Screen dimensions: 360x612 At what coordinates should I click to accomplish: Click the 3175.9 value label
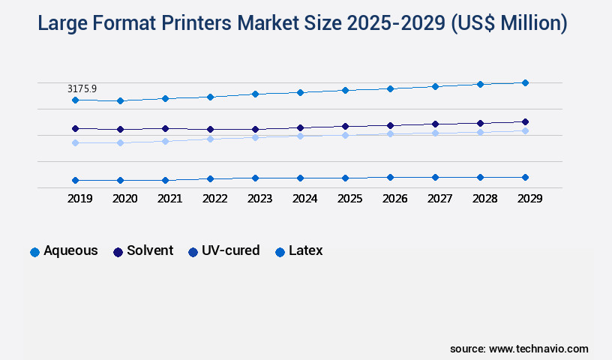(82, 88)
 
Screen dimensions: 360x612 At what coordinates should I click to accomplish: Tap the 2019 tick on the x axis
(79, 199)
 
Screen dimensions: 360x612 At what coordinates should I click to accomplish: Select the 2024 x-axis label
(304, 199)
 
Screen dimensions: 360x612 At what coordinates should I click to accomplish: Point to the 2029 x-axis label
(529, 199)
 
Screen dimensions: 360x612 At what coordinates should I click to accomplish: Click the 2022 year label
(214, 199)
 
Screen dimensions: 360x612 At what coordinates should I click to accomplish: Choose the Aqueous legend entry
(64, 251)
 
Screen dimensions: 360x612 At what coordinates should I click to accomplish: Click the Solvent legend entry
(143, 251)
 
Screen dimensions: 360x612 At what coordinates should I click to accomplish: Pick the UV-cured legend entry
(224, 251)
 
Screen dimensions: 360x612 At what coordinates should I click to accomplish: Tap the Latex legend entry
(299, 251)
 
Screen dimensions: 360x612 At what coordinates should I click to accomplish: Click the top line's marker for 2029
(525, 82)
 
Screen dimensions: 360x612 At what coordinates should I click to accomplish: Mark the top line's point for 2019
(75, 100)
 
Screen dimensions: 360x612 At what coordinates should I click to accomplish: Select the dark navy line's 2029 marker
(525, 121)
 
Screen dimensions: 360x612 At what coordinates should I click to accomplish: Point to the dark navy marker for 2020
(120, 129)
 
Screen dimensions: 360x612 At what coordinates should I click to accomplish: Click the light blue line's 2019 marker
(75, 142)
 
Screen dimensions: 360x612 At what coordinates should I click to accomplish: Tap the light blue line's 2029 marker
(525, 130)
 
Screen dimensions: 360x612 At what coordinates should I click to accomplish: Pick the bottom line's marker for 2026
(390, 177)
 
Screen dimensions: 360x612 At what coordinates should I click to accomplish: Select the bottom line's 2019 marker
(75, 180)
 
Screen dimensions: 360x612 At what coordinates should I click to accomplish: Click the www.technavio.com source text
(538, 349)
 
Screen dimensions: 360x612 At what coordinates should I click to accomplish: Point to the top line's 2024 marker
(300, 92)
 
